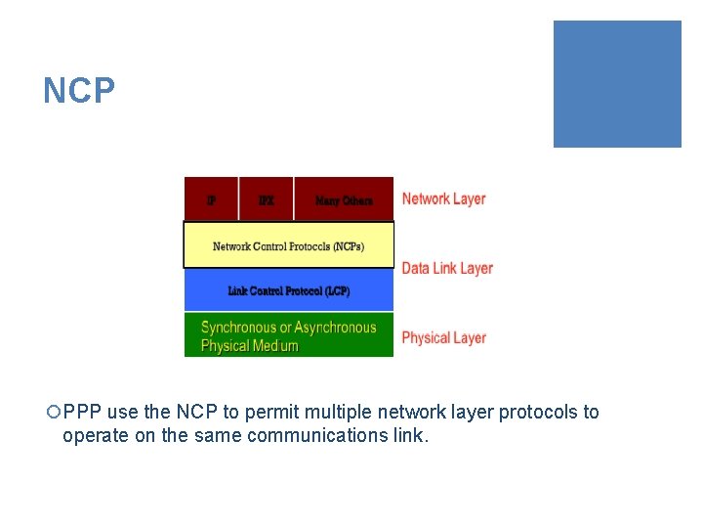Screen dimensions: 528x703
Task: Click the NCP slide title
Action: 79,91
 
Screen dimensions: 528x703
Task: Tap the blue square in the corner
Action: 617,84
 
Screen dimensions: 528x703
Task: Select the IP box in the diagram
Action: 211,199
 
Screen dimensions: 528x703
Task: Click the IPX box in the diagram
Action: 266,199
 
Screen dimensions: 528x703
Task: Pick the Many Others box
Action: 344,199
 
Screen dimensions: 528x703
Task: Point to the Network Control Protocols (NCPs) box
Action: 289,245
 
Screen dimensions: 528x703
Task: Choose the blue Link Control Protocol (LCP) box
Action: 289,290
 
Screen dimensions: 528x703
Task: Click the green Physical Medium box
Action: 289,335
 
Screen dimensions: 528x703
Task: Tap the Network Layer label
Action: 443,198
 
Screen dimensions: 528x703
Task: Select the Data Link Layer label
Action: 447,268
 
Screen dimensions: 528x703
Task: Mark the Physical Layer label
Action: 443,337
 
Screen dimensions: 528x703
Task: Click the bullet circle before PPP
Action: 53,413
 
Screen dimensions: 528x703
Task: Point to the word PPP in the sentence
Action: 83,413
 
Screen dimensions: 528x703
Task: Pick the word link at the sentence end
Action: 409,436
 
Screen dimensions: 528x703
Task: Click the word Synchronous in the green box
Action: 238,328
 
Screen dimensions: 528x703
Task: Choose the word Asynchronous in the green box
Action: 336,328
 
